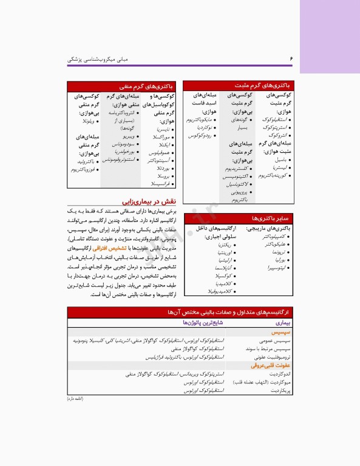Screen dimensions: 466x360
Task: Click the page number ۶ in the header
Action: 291,59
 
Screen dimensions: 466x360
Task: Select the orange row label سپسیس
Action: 281,334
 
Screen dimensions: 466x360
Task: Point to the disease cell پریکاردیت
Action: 280,391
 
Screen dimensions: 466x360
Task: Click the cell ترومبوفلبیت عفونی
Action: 272,358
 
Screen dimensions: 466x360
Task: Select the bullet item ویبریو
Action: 126,137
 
